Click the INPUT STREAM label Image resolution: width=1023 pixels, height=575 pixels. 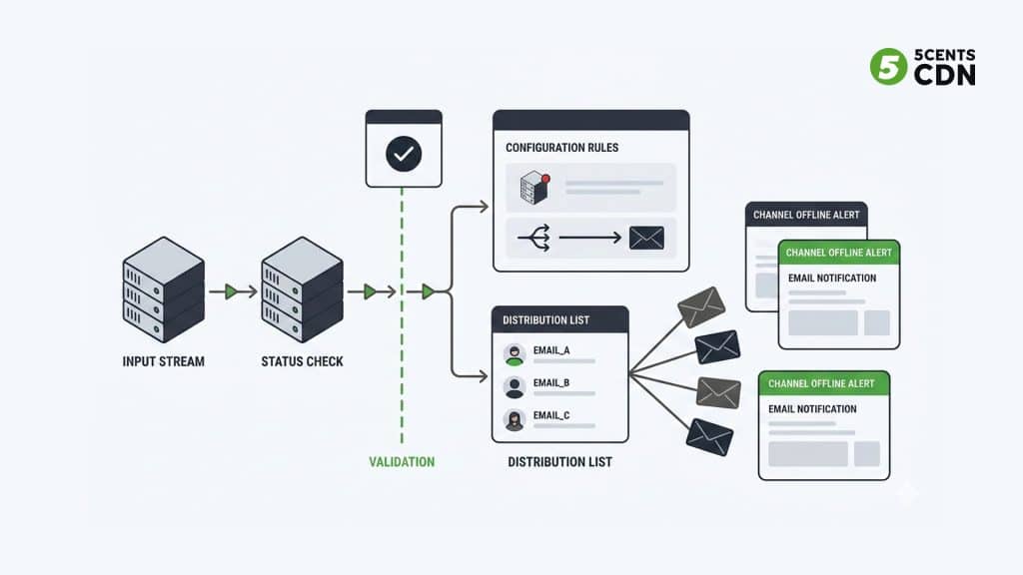point(163,360)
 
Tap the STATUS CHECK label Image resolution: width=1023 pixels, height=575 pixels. point(302,360)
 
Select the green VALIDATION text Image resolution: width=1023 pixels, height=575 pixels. point(402,462)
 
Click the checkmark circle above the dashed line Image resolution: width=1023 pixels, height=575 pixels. point(404,154)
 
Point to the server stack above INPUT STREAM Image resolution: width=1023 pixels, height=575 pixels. point(164,290)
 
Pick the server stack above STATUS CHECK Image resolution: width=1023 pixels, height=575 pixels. point(302,290)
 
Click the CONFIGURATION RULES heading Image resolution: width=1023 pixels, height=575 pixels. point(561,148)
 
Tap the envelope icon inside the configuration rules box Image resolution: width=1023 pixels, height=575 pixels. point(646,238)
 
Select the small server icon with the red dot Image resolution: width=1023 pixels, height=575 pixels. point(535,188)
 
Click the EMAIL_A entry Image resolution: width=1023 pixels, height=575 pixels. point(550,351)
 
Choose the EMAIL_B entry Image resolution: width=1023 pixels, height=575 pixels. point(550,383)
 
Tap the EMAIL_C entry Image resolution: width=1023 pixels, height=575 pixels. point(550,415)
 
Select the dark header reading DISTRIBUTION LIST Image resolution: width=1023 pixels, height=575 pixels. point(560,319)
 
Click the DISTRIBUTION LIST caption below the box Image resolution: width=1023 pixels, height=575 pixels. point(559,462)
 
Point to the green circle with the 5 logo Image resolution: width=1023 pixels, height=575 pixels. point(887,67)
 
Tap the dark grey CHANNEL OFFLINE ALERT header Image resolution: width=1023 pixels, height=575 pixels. point(806,215)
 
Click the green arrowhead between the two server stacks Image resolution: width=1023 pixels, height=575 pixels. point(232,291)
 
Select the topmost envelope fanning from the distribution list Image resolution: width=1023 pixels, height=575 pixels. point(700,305)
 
